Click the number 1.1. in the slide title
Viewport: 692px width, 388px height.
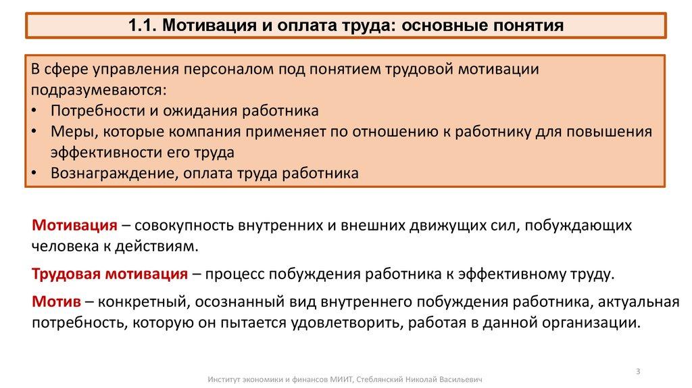pos(142,26)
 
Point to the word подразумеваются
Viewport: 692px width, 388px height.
pos(97,90)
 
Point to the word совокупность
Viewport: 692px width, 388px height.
pos(181,225)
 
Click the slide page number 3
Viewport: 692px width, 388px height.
pos(639,370)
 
